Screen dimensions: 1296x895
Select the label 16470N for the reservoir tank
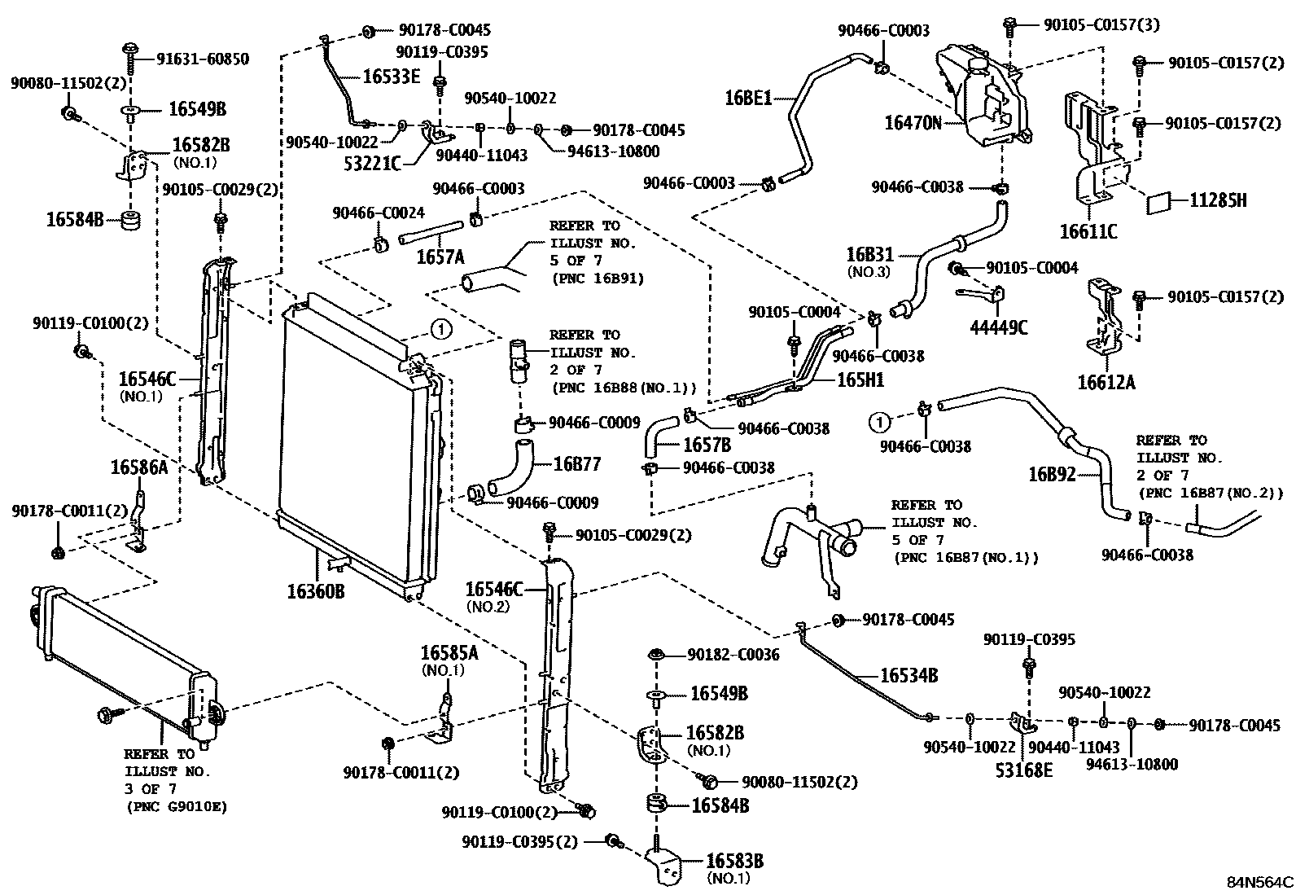[x=913, y=123]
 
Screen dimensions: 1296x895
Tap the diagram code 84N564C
[x=1260, y=883]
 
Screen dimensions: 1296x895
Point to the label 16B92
[x=1053, y=474]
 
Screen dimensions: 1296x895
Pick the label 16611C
[x=1088, y=232]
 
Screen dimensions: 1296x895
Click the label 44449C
[x=999, y=327]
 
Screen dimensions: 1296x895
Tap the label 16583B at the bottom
[x=734, y=862]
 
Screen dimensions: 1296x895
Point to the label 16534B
[x=909, y=675]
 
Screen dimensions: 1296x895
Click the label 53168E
[x=1024, y=769]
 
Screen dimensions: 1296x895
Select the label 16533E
[x=391, y=77]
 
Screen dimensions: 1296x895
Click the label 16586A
[x=138, y=467]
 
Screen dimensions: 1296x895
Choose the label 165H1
[x=860, y=380]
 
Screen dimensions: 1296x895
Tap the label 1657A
[x=440, y=257]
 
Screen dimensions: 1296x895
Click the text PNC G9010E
[x=177, y=807]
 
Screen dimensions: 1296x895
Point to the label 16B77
[x=576, y=464]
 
